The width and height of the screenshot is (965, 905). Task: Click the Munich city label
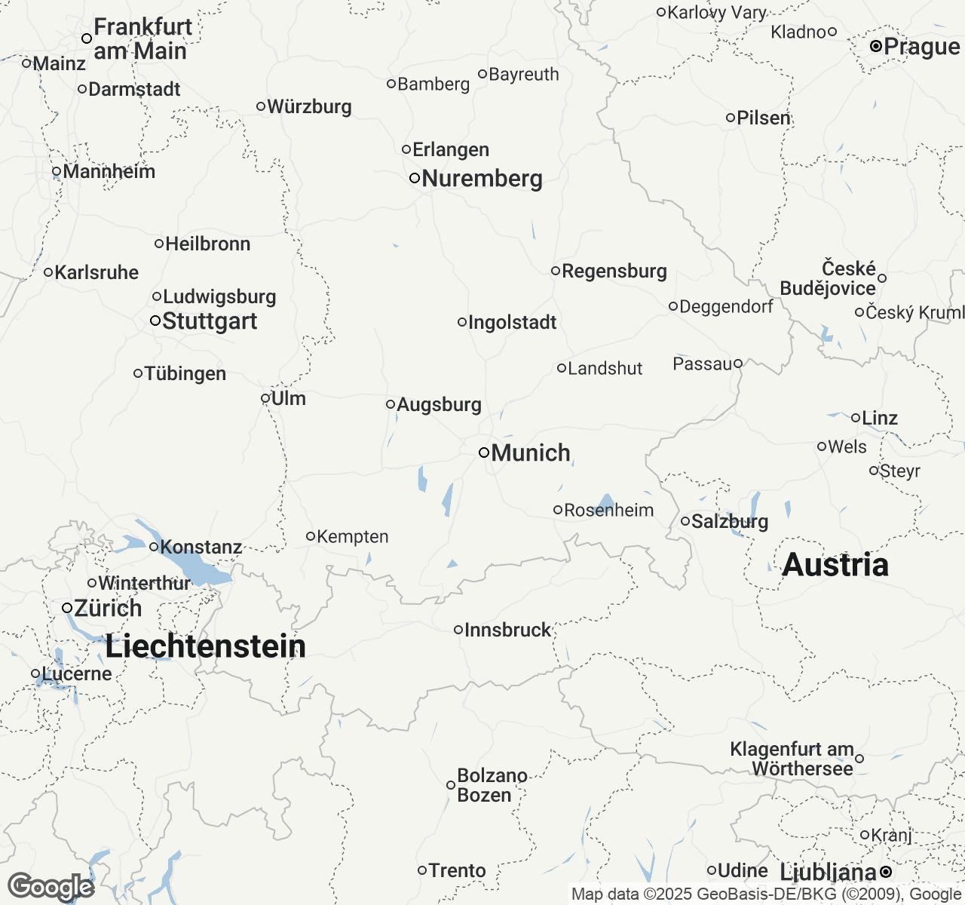pos(530,453)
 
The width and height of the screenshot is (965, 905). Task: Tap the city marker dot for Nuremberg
pos(415,179)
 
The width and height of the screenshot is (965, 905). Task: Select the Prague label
pos(921,47)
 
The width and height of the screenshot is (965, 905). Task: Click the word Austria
pos(835,565)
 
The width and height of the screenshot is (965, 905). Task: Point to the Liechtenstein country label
pos(205,646)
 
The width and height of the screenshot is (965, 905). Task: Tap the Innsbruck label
pos(507,630)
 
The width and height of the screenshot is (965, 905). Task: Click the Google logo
pos(50,887)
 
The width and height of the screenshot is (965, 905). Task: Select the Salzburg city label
pos(729,522)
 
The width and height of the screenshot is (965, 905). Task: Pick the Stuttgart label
pos(210,321)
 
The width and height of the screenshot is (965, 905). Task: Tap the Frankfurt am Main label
pos(140,39)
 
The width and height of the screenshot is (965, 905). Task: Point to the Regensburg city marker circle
pos(556,271)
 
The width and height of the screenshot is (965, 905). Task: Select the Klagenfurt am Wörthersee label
pos(792,759)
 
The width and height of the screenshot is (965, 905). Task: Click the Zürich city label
pos(107,608)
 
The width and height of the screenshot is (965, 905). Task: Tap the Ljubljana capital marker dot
pos(886,873)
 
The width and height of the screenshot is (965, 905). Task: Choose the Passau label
pos(702,364)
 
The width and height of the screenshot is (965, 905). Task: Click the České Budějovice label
pos(828,279)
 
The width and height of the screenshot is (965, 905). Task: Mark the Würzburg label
pos(309,106)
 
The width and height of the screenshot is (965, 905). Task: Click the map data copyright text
pos(765,894)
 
